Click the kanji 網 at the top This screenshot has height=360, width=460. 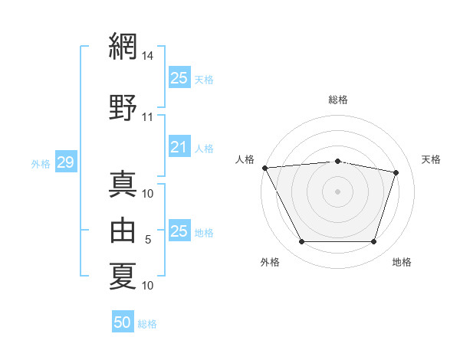coord(123,46)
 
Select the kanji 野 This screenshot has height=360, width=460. coord(123,107)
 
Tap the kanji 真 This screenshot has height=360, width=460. coord(123,184)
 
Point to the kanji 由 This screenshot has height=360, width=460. coord(123,230)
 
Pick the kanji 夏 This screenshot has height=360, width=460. coord(123,276)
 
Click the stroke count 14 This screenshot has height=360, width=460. coord(147,56)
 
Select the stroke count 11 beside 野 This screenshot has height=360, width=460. coord(147,117)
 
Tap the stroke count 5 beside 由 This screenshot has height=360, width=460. coord(148,240)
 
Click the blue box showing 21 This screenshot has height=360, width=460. coord(179,146)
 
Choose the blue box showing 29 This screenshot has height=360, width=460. coord(66,162)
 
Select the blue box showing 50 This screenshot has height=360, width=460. coord(123,321)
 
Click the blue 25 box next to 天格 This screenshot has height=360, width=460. coord(179,77)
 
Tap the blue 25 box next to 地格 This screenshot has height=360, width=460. coord(179,230)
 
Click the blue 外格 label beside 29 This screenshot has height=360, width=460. coord(41,164)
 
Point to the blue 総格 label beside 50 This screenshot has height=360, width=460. coord(147,324)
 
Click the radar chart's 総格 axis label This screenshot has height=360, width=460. coord(338,100)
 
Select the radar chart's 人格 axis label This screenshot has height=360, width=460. coord(245,159)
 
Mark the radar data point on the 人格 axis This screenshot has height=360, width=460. coord(265,168)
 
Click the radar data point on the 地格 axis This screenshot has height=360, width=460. coord(373,241)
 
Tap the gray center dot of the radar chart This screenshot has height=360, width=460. coord(337,191)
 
